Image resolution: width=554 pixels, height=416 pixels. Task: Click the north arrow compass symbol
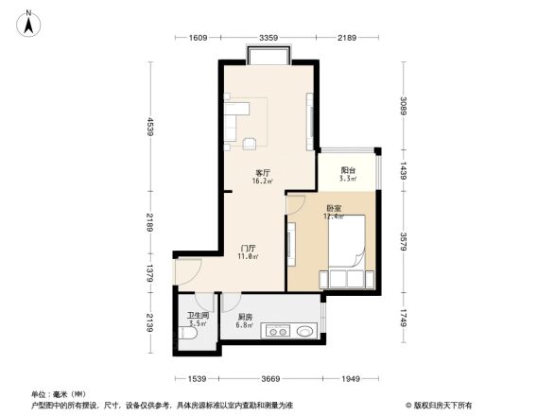pos(29,22)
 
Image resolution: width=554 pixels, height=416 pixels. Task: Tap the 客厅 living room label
pos(263,173)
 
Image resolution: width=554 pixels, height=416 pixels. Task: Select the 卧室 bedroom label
pos(334,208)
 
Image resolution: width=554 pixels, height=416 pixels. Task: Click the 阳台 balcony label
pos(348,170)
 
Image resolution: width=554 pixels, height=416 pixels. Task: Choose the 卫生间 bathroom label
pos(197,317)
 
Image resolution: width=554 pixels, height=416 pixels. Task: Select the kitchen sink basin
pos(303,332)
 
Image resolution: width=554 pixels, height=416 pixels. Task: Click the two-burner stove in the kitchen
pos(278,332)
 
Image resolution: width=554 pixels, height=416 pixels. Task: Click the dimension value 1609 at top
pos(198,38)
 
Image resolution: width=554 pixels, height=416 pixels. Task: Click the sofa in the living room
pos(234,119)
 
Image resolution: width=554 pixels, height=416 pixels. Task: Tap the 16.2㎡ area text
pos(263,182)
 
